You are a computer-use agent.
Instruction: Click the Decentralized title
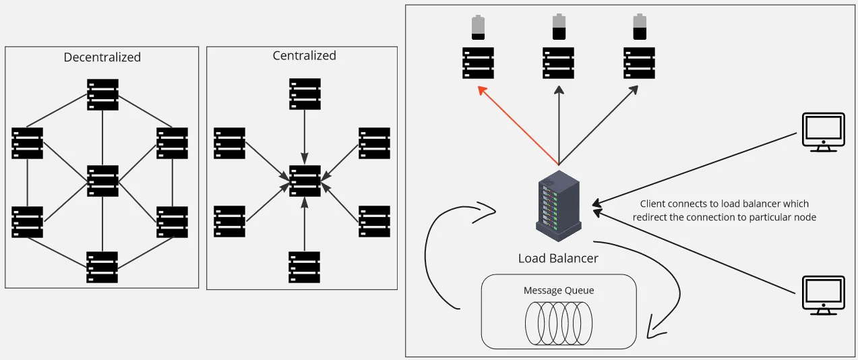pos(102,57)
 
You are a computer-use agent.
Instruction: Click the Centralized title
pos(305,55)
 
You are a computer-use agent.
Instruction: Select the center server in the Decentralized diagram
pos(102,181)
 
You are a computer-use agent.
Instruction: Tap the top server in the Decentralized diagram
pos(102,94)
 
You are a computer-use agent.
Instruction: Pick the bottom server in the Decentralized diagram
pos(102,267)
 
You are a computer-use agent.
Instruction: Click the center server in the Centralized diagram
pos(305,181)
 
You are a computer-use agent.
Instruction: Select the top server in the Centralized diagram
pos(305,94)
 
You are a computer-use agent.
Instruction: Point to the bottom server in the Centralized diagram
pos(305,267)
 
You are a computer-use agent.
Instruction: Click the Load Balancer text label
pos(558,258)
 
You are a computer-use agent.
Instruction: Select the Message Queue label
pos(559,291)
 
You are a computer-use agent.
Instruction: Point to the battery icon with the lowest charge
pos(477,28)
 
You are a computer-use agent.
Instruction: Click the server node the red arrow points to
pos(477,63)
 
